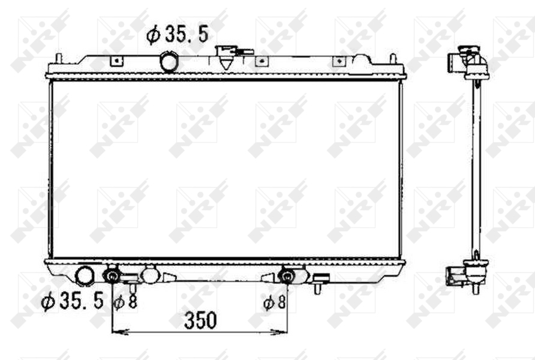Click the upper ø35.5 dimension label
coord(177,34)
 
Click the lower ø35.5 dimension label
coord(72,301)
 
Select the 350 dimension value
coord(200,320)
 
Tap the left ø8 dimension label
coord(125,302)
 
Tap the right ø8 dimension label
coord(274,302)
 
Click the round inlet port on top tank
coord(169,61)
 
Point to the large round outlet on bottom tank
coord(85,276)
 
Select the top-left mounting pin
coord(59,58)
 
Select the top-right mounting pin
coord(393,58)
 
